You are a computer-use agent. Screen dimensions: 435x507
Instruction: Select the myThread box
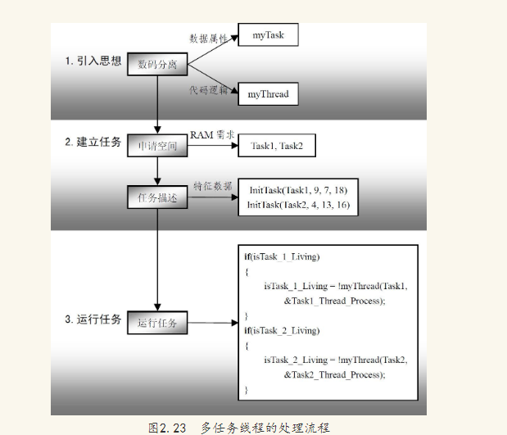click(x=268, y=95)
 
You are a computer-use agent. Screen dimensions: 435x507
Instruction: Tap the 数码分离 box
click(x=158, y=65)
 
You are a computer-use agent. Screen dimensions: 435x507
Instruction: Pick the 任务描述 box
click(x=158, y=197)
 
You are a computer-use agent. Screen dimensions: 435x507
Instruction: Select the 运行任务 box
click(x=157, y=323)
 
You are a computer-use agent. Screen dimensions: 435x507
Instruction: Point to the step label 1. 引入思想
click(x=93, y=61)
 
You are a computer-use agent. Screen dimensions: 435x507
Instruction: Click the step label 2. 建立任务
click(x=93, y=141)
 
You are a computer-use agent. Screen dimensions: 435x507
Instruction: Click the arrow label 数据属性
click(x=207, y=38)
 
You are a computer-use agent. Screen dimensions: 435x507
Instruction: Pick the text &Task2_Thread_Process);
click(x=333, y=374)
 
